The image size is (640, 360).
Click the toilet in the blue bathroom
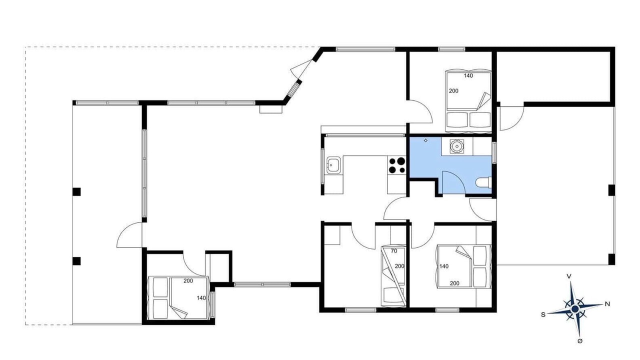pyautogui.click(x=483, y=182)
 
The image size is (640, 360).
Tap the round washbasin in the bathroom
pyautogui.click(x=457, y=146)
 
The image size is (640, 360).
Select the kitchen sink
pyautogui.click(x=333, y=165)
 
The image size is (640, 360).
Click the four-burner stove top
pyautogui.click(x=397, y=165)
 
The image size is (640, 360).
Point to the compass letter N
pyautogui.click(x=607, y=303)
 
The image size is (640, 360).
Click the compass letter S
pyautogui.click(x=543, y=314)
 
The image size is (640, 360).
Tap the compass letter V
pyautogui.click(x=569, y=276)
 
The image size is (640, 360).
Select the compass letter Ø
pyautogui.click(x=579, y=341)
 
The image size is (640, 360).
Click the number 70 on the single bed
pyautogui.click(x=394, y=251)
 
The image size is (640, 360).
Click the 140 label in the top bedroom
pyautogui.click(x=468, y=75)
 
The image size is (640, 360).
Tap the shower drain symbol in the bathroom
pyautogui.click(x=425, y=140)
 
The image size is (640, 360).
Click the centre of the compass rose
pyautogui.click(x=575, y=309)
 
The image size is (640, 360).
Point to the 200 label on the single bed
pyautogui.click(x=399, y=266)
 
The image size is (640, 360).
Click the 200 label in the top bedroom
pyautogui.click(x=453, y=91)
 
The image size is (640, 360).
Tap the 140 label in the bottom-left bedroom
pyautogui.click(x=201, y=297)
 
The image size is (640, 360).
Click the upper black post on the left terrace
pyautogui.click(x=76, y=191)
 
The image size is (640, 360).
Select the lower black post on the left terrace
pyautogui.click(x=76, y=261)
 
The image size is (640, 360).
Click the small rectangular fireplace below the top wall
pyautogui.click(x=271, y=109)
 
